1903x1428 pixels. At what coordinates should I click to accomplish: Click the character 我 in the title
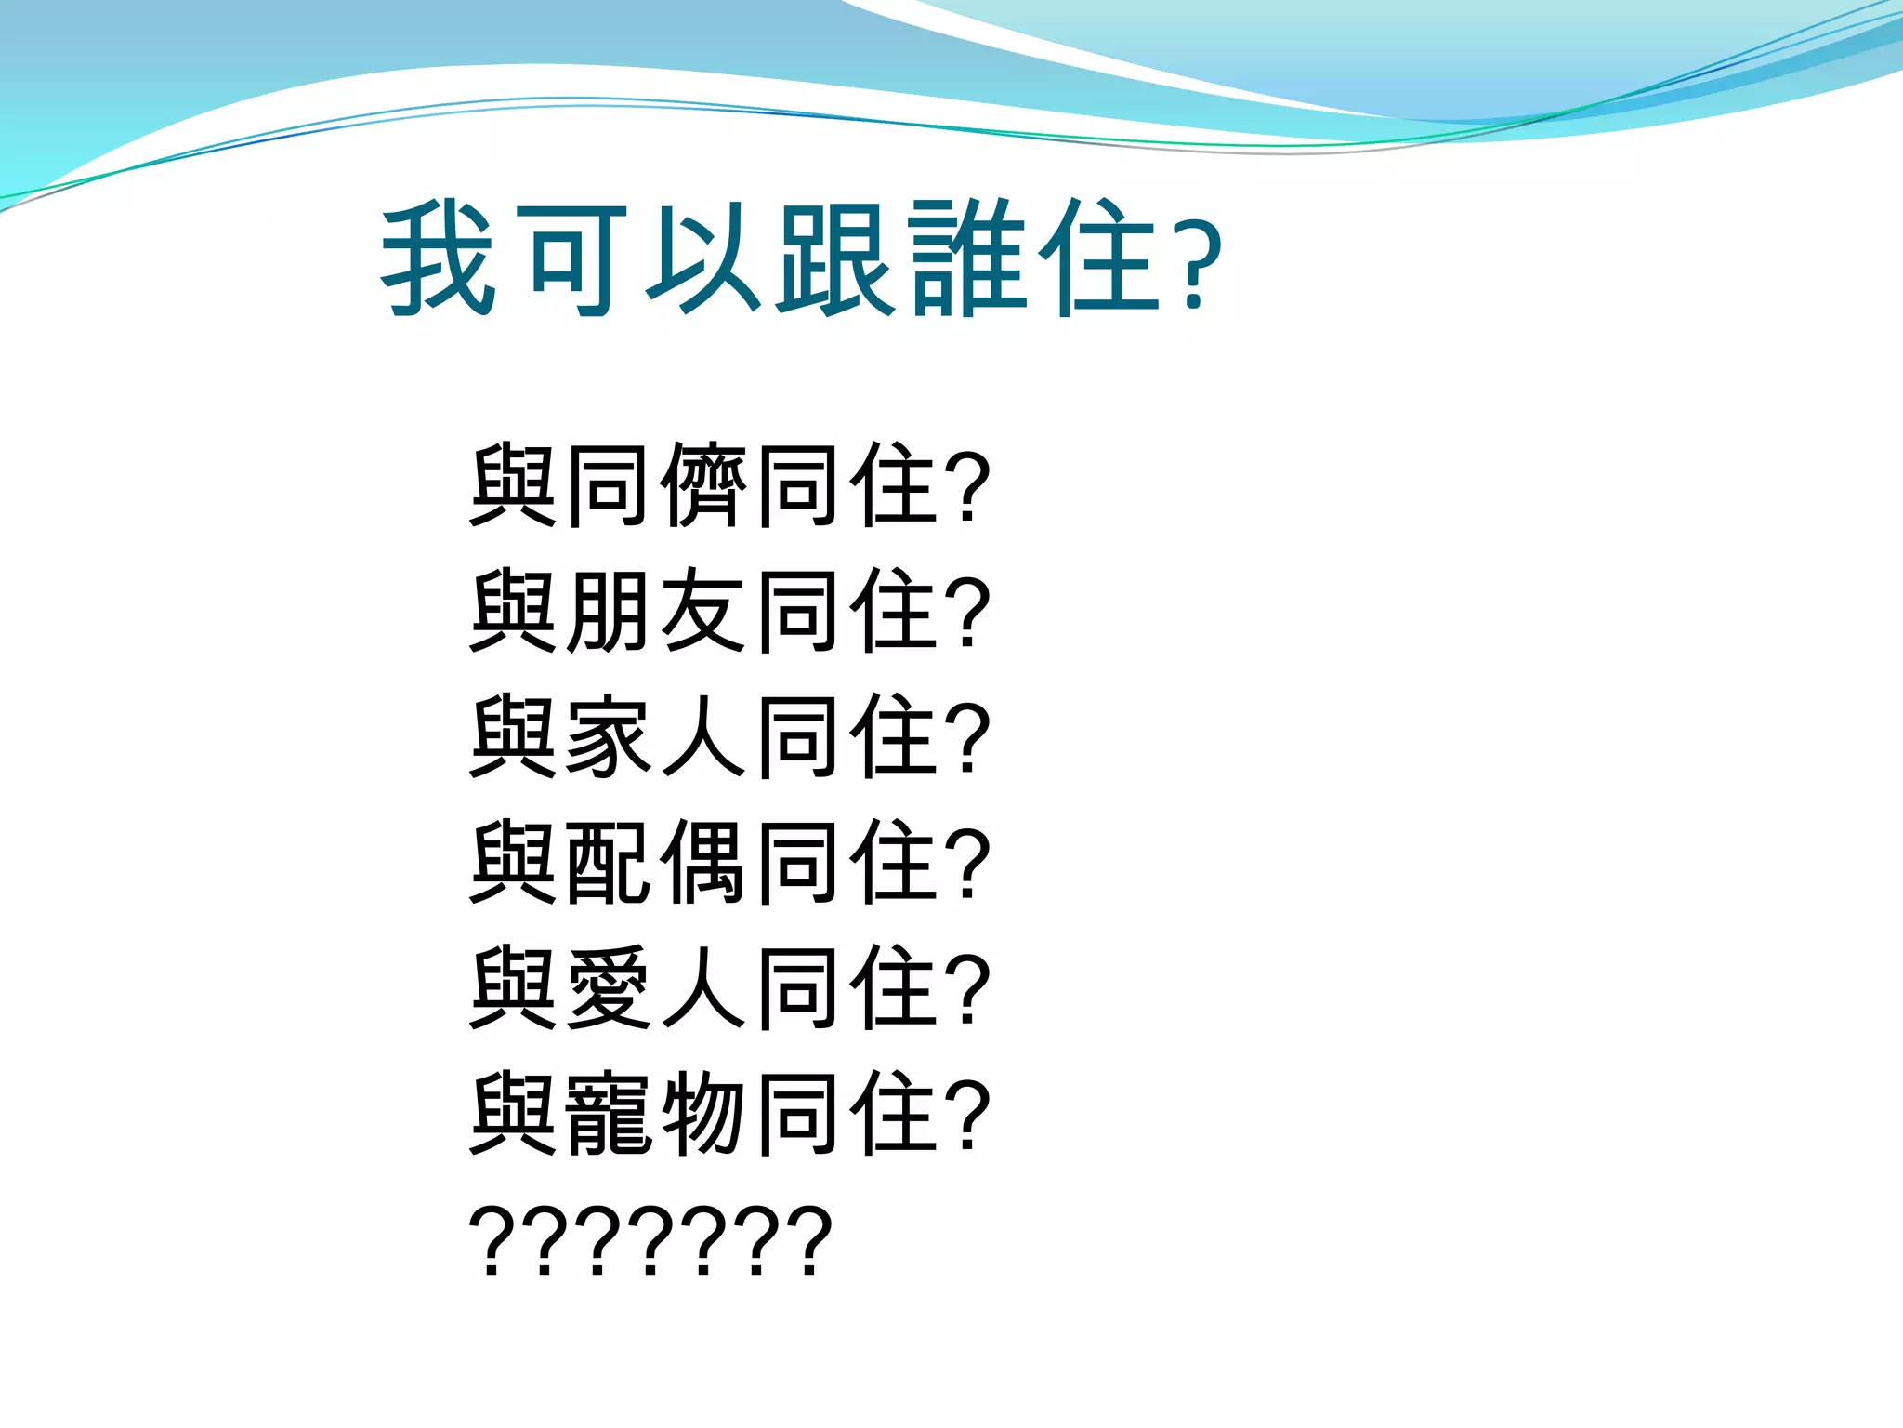(438, 259)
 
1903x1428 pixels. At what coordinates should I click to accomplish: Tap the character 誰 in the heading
(969, 259)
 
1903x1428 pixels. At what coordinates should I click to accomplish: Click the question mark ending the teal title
(1198, 265)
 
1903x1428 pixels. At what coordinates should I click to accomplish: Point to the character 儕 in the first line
(703, 486)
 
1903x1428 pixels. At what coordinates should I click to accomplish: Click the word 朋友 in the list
(656, 611)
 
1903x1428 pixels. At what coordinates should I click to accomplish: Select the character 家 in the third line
(608, 736)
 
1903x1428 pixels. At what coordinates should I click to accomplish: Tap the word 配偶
(656, 862)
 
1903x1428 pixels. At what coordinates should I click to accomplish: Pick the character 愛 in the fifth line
(608, 987)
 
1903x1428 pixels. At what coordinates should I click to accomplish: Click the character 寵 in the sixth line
(608, 1113)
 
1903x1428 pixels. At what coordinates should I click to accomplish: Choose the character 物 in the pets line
(703, 1113)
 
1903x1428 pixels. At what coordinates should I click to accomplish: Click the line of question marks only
(650, 1240)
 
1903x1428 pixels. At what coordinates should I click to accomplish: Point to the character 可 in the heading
(571, 259)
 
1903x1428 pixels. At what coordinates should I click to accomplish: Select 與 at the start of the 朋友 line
(513, 611)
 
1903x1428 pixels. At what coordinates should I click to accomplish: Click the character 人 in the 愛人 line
(703, 987)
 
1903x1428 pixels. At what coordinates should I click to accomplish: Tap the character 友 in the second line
(703, 611)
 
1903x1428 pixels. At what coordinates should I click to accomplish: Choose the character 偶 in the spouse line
(703, 862)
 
